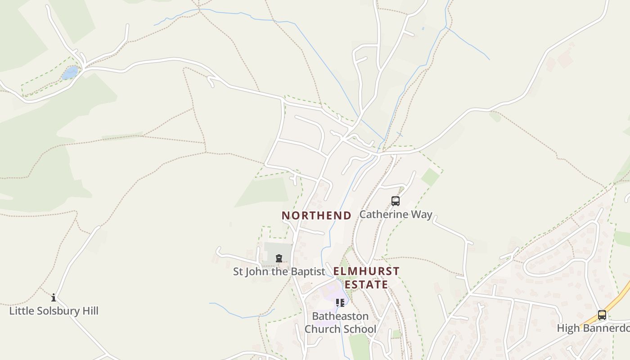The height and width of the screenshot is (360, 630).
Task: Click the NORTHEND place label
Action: coord(316,216)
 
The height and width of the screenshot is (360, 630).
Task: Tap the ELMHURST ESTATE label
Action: coord(366,278)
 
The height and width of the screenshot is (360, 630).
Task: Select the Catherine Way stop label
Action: coord(396,214)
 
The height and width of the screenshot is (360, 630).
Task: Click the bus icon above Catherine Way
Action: coord(396,201)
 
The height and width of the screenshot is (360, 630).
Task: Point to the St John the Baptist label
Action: coord(279,272)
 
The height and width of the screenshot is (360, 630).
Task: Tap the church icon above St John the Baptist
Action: coord(279,258)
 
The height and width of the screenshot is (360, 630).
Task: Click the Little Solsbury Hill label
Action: coord(54,311)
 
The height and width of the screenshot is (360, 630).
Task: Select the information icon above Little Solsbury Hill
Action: coord(54,297)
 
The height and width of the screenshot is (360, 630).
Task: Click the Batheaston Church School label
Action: coord(340,323)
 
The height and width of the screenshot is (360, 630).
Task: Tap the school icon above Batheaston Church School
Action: coord(340,303)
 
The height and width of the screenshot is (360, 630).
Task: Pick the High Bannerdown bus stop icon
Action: coord(602,315)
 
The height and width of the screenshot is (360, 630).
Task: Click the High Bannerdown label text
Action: coord(593,328)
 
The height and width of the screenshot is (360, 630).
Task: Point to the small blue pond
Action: coord(70,72)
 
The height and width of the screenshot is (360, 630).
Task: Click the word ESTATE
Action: coord(366,284)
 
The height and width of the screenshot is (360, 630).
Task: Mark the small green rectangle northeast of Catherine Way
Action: coord(430,177)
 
